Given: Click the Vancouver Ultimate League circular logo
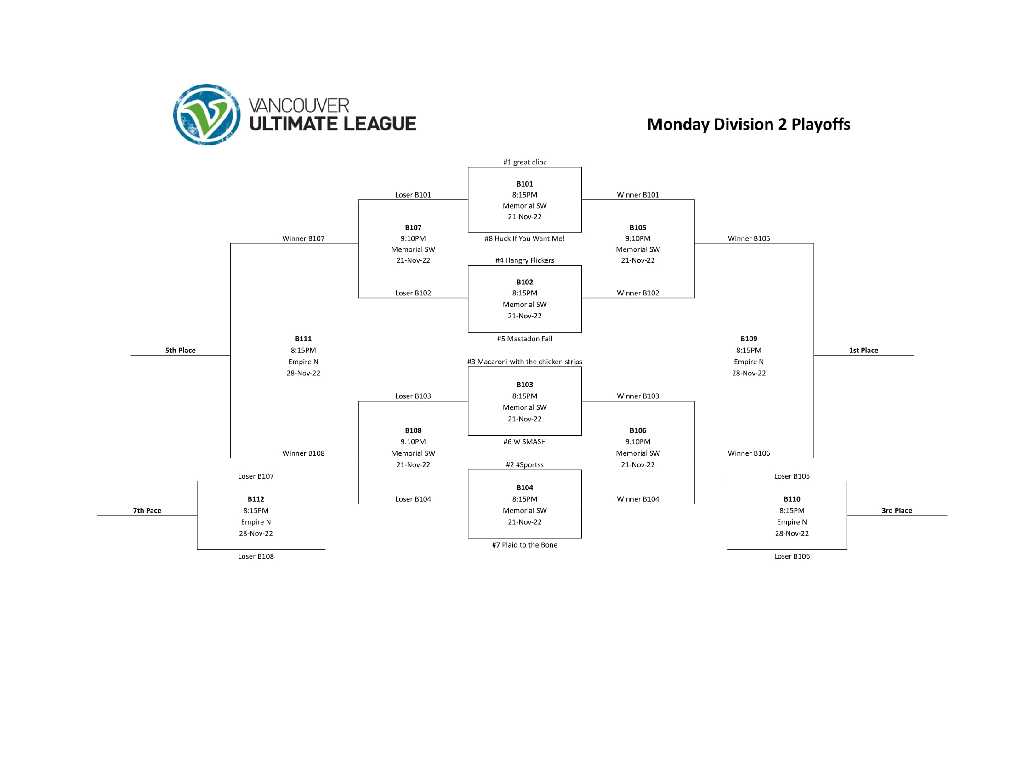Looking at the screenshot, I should click(x=206, y=114).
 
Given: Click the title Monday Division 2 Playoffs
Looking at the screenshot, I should click(x=748, y=124).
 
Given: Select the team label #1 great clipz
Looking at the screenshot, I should click(x=524, y=162).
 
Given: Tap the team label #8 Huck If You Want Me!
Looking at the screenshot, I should click(x=524, y=238).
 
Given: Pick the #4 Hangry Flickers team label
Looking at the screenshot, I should click(x=524, y=260).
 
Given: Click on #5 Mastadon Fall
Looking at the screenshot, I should click(x=524, y=339).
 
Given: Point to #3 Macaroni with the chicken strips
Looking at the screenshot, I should click(x=524, y=362).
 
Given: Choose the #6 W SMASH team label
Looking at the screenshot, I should click(x=524, y=442).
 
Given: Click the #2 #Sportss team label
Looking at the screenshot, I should click(x=524, y=464).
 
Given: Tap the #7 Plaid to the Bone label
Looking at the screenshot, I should click(x=524, y=545).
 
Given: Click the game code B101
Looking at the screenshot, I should click(x=524, y=184).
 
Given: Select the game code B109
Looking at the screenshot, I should click(x=749, y=339).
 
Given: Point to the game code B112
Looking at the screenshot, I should click(x=256, y=499).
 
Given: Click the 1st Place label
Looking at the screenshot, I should click(x=863, y=350).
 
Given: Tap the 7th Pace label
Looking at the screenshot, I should click(x=147, y=511).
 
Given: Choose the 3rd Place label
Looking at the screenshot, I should click(x=897, y=511).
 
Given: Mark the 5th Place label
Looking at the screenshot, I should click(x=180, y=350).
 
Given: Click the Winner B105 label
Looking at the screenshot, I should click(x=749, y=238).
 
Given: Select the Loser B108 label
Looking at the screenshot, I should click(x=256, y=556).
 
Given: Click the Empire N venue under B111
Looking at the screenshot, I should click(x=303, y=362).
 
